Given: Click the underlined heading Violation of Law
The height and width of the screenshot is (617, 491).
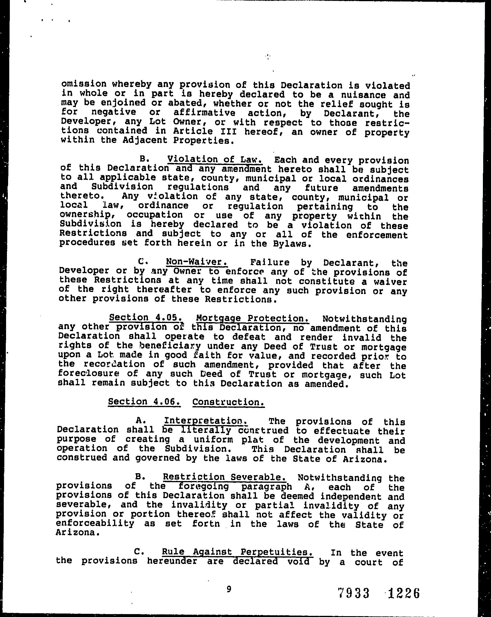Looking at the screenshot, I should coord(215,159).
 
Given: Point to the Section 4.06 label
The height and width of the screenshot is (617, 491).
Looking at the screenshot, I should coord(144,402).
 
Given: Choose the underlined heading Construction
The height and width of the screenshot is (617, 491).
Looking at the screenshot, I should coord(228,402).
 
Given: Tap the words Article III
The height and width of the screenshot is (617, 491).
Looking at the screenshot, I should coord(205,131).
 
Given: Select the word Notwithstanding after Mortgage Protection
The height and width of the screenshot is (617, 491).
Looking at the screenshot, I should coord(364,319).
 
